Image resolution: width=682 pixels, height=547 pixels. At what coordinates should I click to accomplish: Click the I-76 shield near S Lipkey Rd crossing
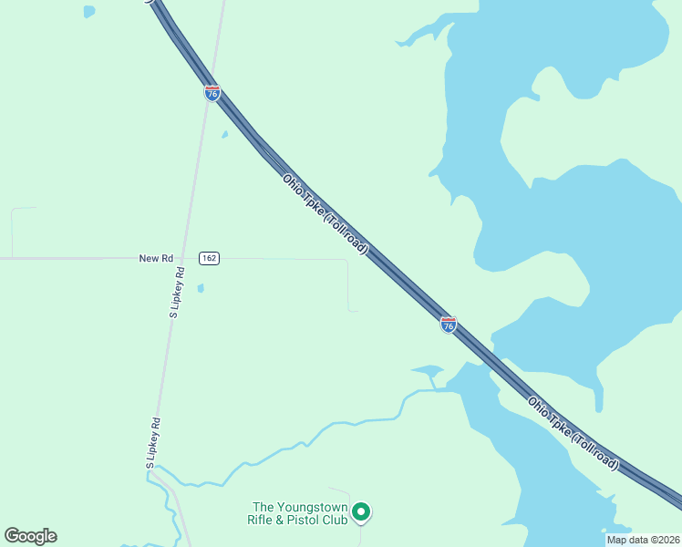tap(212, 93)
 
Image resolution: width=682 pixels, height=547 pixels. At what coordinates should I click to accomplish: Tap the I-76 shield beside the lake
tap(448, 325)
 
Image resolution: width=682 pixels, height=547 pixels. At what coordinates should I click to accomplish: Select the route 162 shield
tap(209, 259)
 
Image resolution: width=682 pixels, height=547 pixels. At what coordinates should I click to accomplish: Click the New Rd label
tap(156, 259)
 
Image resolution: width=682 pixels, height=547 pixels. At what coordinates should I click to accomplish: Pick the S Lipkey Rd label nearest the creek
tap(154, 444)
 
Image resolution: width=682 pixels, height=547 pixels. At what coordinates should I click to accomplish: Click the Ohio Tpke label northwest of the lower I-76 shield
tap(325, 214)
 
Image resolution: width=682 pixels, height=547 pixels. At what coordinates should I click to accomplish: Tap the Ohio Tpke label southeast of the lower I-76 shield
tap(572, 433)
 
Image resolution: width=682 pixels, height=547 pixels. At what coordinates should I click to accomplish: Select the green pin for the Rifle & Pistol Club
tap(361, 513)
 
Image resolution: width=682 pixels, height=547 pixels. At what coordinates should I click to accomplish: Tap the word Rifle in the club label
tap(263, 520)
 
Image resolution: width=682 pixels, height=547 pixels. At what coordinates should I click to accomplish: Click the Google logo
tap(30, 536)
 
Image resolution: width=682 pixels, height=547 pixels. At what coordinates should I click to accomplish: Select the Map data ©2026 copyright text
tap(643, 540)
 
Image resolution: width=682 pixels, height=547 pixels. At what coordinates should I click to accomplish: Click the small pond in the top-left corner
tap(88, 12)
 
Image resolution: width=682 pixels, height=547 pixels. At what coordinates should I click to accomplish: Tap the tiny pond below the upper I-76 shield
tap(224, 135)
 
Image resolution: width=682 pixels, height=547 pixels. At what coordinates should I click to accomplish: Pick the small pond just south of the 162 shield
tap(201, 288)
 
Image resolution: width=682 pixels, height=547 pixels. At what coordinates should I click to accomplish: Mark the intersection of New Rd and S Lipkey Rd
tap(189, 259)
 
